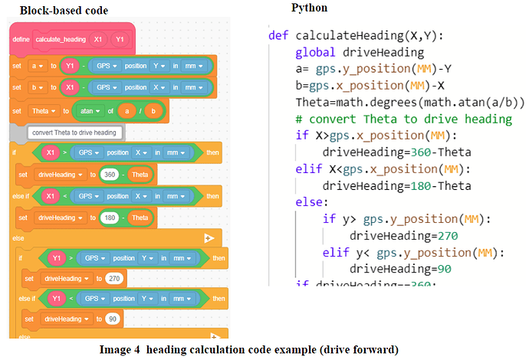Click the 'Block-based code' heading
coord(64,11)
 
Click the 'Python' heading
coord(309,8)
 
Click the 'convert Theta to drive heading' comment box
coord(74,133)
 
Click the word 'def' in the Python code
coord(278,35)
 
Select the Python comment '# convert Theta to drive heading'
coord(403,119)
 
